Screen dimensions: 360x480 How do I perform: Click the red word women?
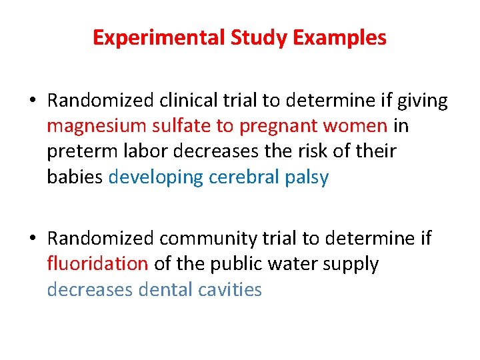[357, 126]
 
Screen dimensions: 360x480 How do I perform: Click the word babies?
[74, 177]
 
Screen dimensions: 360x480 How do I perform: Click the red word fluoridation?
[97, 264]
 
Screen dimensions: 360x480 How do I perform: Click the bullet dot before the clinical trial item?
[32, 101]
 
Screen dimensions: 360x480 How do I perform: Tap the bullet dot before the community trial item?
[32, 239]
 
